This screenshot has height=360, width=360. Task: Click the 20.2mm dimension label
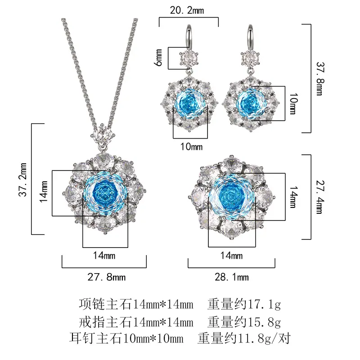coord(187,10)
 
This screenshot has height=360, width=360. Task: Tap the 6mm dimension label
coord(159,58)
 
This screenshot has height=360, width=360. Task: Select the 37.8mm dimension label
coord(320,78)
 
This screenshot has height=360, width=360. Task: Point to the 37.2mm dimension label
coord(23,180)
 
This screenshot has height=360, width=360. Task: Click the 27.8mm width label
coord(107,277)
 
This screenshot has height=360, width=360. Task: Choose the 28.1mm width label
coord(232,277)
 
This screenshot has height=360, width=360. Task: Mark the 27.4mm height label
coord(320,197)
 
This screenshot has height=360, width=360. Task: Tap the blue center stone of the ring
coord(232,197)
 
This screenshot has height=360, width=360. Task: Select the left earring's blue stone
coord(189,103)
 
